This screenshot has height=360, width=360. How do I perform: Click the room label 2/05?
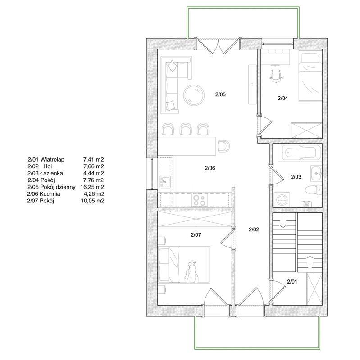[220, 94]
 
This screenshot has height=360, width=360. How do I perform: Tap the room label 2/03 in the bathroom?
[296, 177]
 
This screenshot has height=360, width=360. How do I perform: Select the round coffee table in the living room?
[194, 95]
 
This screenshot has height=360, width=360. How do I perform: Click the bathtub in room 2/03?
[300, 153]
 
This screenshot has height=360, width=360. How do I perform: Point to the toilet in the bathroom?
[313, 189]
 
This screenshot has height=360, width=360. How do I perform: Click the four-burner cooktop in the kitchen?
[199, 200]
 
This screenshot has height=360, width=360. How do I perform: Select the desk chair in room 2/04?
[276, 75]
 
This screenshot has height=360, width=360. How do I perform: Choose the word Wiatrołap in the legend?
[52, 159]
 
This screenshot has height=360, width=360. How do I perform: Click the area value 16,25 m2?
[92, 187]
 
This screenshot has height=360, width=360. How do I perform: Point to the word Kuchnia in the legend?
[50, 194]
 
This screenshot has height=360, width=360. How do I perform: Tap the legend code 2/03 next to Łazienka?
[33, 173]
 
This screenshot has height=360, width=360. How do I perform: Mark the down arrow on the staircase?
[283, 220]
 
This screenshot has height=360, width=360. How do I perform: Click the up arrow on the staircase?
[310, 263]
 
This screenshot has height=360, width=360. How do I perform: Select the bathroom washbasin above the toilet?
[316, 174]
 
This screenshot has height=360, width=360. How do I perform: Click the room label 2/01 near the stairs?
[292, 282]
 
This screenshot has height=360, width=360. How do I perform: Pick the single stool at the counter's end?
[223, 146]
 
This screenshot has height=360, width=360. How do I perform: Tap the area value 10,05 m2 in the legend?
[92, 201]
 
